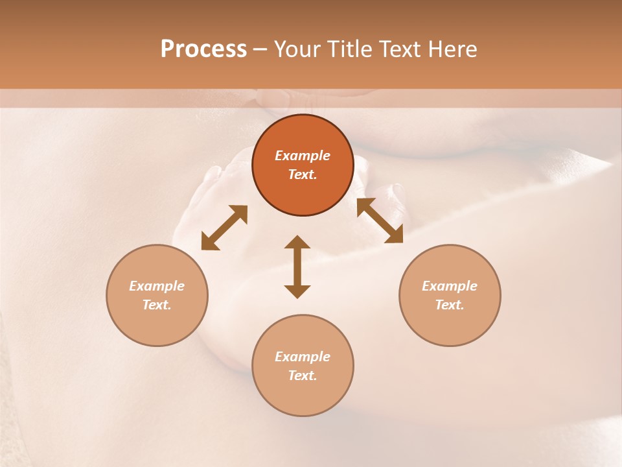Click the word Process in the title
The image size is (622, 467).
pyautogui.click(x=203, y=49)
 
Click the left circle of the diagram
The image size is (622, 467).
pyautogui.click(x=157, y=295)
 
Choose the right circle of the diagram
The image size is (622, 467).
pyautogui.click(x=450, y=295)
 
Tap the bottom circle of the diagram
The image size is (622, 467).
pyautogui.click(x=303, y=365)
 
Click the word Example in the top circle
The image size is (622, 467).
pyautogui.click(x=303, y=156)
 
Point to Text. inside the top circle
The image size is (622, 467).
pyautogui.click(x=303, y=174)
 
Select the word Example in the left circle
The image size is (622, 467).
pyautogui.click(x=157, y=286)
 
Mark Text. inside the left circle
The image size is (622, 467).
pyautogui.click(x=157, y=305)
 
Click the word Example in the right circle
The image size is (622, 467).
pyautogui.click(x=450, y=286)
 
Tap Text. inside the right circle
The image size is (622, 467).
pyautogui.click(x=450, y=305)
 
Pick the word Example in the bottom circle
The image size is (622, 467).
pyautogui.click(x=303, y=357)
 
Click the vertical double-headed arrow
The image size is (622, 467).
pyautogui.click(x=297, y=267)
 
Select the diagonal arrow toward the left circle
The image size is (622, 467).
pyautogui.click(x=224, y=228)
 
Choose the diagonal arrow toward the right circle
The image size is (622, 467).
pyautogui.click(x=380, y=221)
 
